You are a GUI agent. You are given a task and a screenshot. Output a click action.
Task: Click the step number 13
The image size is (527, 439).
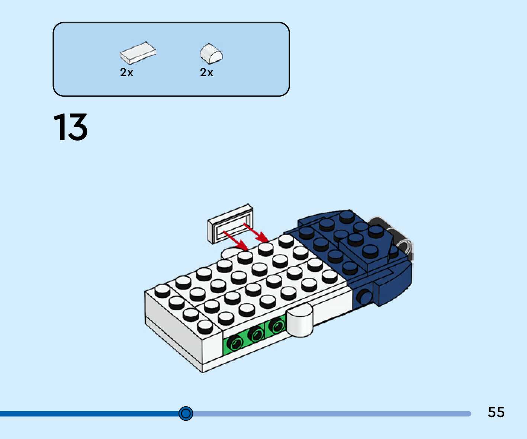[71, 127]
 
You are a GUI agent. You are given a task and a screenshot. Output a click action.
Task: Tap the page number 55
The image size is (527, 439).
[496, 412]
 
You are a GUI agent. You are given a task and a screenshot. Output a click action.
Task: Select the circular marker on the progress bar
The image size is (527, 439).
[186, 413]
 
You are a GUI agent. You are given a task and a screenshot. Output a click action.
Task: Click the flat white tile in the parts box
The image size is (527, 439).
[138, 52]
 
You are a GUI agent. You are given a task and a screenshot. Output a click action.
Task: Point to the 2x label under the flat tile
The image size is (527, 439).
[126, 72]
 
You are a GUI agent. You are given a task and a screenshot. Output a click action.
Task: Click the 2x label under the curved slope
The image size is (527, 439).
[206, 72]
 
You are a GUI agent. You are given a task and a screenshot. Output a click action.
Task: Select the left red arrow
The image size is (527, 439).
[236, 241]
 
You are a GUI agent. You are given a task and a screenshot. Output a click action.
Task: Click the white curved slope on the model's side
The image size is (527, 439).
[300, 320]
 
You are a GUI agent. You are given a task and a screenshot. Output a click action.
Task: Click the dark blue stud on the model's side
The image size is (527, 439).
[363, 296]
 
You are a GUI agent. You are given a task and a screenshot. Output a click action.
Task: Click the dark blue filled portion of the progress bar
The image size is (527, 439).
[89, 414]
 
